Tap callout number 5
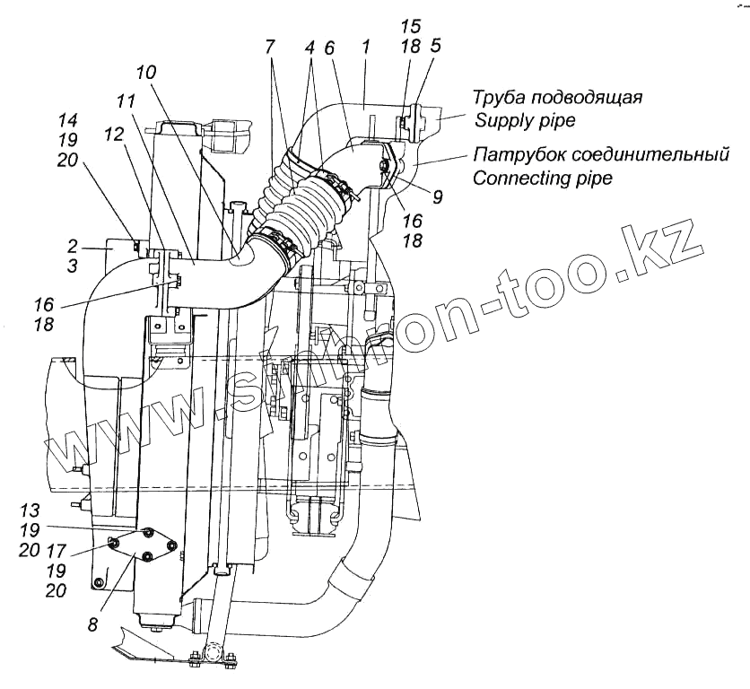(x=435, y=47)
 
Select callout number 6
(x=329, y=47)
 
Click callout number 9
(x=437, y=196)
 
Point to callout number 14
(x=67, y=120)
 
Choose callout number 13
(x=31, y=510)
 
